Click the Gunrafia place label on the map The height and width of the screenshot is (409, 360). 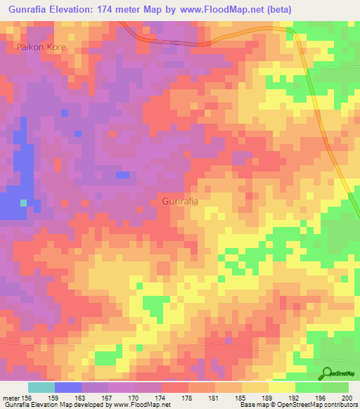(x=180, y=201)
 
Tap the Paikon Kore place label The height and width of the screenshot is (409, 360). (x=40, y=47)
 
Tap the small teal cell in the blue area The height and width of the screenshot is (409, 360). (x=24, y=202)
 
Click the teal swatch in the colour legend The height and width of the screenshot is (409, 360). (x=41, y=387)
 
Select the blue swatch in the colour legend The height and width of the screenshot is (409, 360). (x=68, y=387)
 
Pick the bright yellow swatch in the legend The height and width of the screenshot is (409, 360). (x=282, y=387)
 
